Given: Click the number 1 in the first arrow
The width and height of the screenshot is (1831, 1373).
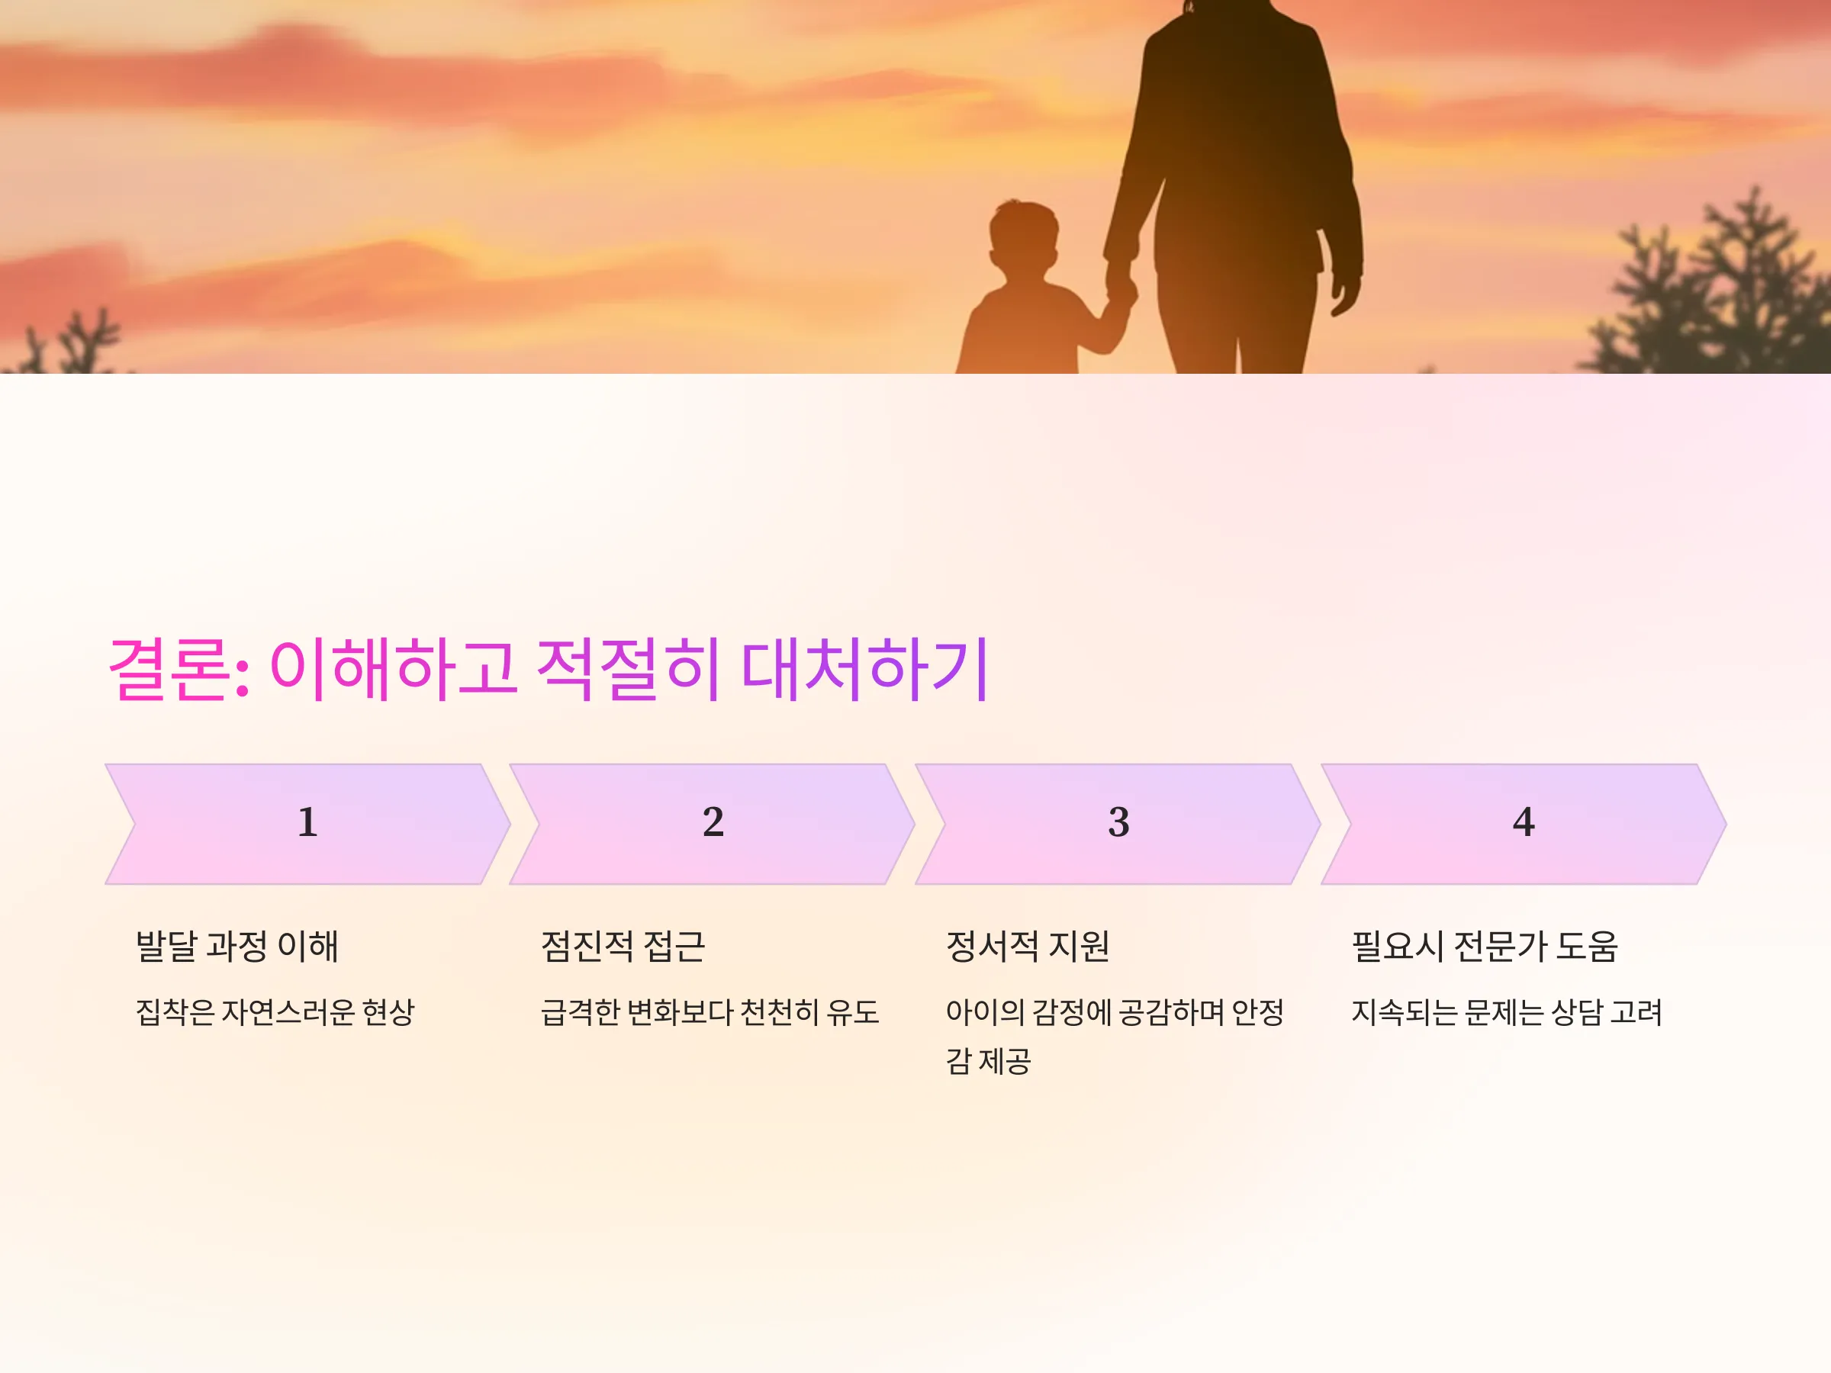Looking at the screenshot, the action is point(308,822).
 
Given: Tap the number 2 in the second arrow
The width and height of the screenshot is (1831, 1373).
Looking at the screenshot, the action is point(713,822).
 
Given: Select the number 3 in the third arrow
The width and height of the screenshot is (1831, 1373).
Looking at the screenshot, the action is point(1118,822).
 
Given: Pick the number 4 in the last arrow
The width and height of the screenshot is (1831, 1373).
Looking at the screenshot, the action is point(1524,822).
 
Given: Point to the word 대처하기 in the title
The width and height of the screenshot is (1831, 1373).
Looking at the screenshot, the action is point(864,668).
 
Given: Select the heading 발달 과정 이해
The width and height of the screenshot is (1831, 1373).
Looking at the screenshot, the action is point(237,946).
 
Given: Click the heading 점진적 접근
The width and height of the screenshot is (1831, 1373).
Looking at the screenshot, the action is point(623,946).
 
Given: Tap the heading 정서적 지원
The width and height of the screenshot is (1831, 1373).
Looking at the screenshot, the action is point(1027,946).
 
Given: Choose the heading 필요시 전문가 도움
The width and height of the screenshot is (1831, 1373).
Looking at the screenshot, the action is point(1484,946).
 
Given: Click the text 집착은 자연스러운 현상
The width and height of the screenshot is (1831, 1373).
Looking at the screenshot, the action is point(275,1011).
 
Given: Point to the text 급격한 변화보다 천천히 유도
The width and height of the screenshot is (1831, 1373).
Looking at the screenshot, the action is point(710,1011).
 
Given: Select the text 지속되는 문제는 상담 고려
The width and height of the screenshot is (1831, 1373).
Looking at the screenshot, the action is point(1507,1011).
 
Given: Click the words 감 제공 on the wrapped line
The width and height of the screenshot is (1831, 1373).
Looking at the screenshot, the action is point(988,1061).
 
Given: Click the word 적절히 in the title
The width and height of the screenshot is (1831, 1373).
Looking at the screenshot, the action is point(627,668).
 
